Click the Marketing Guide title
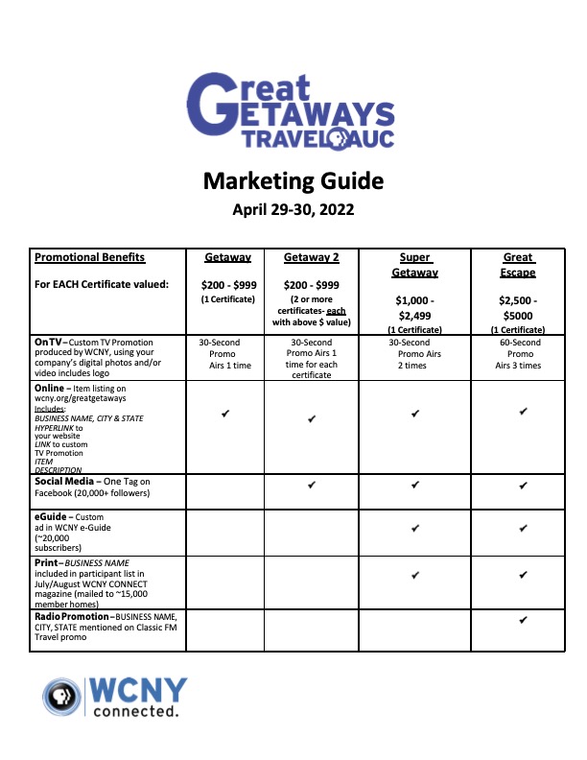tap(293, 180)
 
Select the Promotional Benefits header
tap(89, 257)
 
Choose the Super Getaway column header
tap(415, 265)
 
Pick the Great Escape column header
tap(519, 265)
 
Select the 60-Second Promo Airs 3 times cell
tap(519, 354)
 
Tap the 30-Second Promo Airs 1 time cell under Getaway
tap(224, 354)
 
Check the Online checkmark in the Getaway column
tap(224, 413)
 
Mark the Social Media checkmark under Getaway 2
tap(312, 486)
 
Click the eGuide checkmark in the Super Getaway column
tap(415, 529)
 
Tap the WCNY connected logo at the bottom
tap(115, 697)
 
